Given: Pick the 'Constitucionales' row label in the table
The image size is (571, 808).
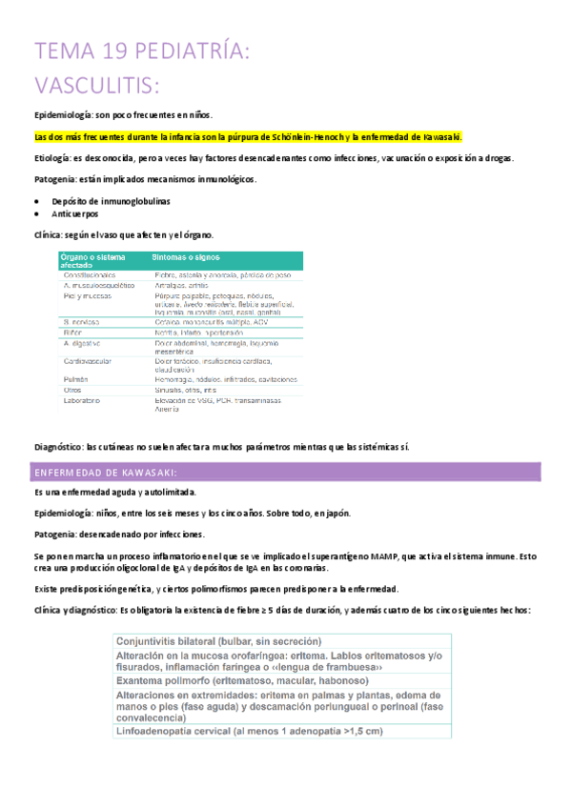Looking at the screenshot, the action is [91, 274].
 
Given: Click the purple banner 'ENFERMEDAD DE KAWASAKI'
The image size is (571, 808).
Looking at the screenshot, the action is [105, 473].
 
